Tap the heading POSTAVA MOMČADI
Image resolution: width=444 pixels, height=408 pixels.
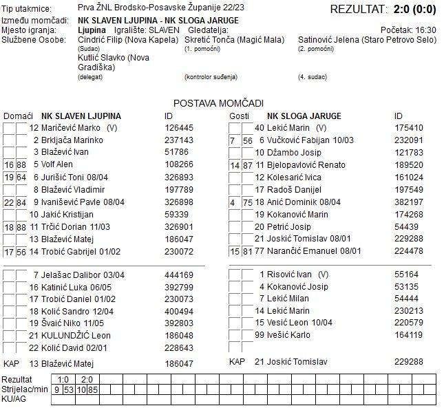[218, 103]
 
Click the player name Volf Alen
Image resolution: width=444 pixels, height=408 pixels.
[57, 164]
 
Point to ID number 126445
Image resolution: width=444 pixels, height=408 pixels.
[179, 127]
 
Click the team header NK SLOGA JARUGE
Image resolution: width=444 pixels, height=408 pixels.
[304, 116]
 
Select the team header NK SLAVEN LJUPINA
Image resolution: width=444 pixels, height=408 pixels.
[81, 116]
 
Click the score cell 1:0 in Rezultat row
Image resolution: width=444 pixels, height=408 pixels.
[63, 379]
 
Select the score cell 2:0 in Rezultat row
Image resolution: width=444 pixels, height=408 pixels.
[86, 379]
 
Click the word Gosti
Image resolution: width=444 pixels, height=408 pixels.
[239, 116]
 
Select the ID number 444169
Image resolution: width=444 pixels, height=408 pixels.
[179, 275]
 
